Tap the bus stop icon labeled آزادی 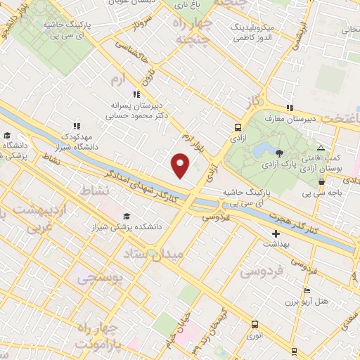(238, 128)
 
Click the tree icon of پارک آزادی (280, 153)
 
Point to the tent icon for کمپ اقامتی (321, 148)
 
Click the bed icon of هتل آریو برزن (305, 290)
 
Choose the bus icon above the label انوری (254, 325)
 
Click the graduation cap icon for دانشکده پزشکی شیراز (127, 216)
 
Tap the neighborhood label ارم (121, 79)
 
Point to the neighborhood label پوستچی (99, 279)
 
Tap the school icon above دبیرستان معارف (289, 108)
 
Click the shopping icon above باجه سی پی (321, 181)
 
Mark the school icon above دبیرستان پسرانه (136, 94)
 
